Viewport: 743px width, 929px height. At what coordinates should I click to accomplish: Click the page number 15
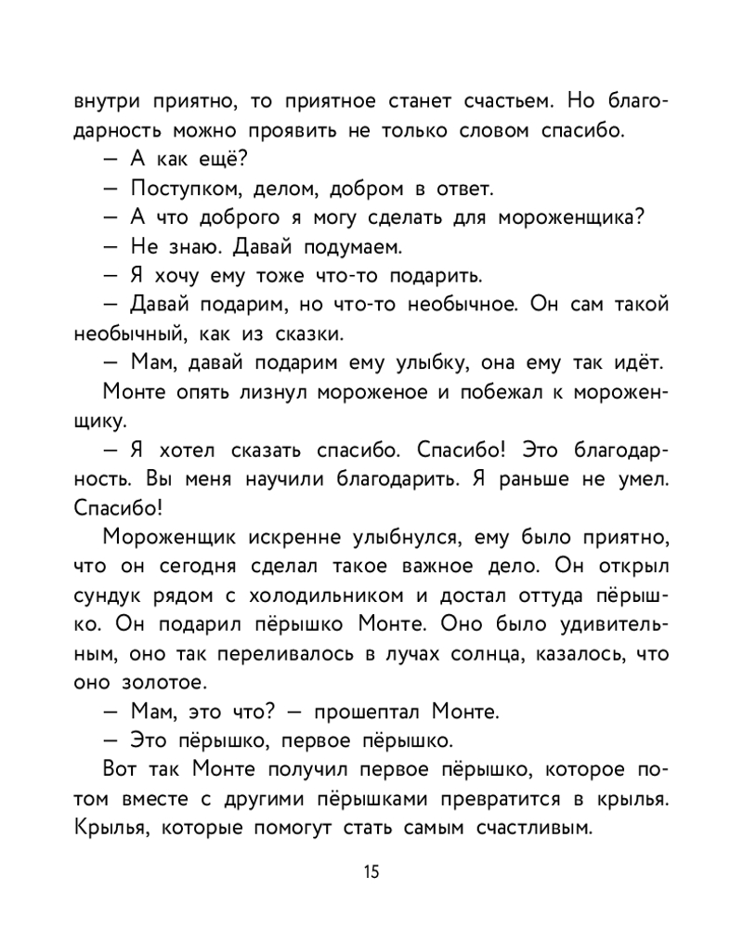click(x=371, y=871)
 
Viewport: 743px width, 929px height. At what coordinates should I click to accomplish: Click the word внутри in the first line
click(x=105, y=100)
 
